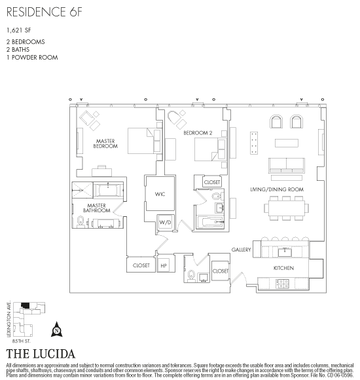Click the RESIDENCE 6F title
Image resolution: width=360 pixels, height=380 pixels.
coord(45,12)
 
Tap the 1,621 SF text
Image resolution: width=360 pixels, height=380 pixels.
coord(19,30)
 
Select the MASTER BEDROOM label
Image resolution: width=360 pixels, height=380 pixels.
coord(105,143)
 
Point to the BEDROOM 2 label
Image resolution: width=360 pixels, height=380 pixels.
coord(198,133)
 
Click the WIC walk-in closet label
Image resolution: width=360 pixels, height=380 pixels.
coord(160,194)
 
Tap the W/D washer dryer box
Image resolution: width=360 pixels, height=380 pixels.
coord(166,222)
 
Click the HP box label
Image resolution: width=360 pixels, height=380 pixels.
coord(164,265)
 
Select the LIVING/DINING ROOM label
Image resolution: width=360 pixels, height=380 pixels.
coord(277,189)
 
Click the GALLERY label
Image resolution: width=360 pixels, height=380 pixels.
coord(241,250)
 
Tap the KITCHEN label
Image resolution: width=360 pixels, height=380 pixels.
coord(283,268)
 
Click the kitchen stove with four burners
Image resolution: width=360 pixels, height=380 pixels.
coord(282,284)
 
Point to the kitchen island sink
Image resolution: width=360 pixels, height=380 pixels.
coord(285,252)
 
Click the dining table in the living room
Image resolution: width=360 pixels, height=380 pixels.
coord(287,208)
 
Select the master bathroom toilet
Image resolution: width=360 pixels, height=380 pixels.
coord(81,222)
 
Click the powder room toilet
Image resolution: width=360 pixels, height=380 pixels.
coord(192,276)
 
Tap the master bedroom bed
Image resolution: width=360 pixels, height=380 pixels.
coord(145,141)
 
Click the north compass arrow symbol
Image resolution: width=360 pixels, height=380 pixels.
coord(57,330)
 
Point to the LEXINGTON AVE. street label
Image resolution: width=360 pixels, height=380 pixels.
coord(9,318)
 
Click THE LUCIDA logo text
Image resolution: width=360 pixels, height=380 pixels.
coord(41,354)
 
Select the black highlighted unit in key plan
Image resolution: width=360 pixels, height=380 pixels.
coord(26,305)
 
